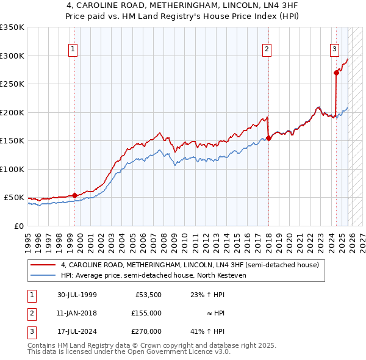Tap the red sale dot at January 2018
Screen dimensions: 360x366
[x=268, y=138]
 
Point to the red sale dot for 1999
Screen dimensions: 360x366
[x=75, y=195]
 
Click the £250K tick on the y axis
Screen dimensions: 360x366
[x=12, y=84]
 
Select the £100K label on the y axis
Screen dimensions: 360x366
[x=12, y=169]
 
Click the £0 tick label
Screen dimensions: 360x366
[x=18, y=226]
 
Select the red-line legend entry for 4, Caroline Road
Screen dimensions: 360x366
[x=190, y=265]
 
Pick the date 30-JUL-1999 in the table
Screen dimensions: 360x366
[x=77, y=294]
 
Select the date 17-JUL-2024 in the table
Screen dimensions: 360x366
[x=77, y=331]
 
